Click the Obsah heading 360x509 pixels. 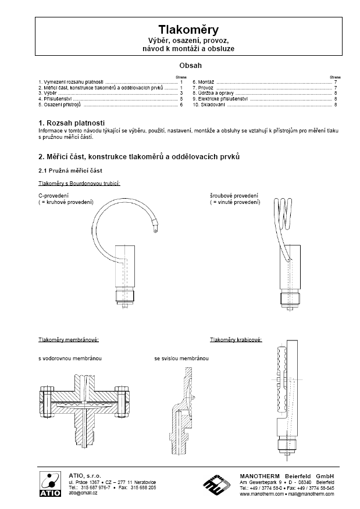coord(180,66)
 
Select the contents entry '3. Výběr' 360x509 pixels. coord(47,93)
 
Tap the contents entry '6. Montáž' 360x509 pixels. coord(204,83)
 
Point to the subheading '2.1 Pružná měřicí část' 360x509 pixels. coord(70,170)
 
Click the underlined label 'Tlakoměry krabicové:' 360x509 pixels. coord(236,339)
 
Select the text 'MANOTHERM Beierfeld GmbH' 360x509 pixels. coord(287,476)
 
